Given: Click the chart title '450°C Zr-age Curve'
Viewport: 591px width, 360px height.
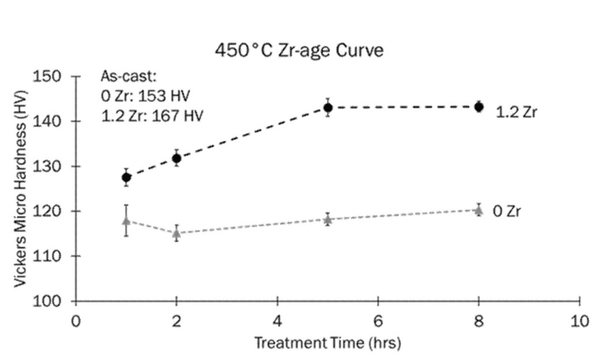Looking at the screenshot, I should coord(298,51).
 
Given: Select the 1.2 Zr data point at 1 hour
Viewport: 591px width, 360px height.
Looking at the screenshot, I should coord(126,177).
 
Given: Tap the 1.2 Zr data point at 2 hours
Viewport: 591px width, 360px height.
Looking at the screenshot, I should coord(177,158).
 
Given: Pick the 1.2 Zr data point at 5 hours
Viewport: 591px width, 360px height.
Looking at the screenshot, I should coord(328,108).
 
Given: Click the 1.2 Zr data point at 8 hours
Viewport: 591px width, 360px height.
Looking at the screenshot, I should coord(478,107).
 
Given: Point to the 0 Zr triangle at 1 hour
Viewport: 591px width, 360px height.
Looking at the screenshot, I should coord(126,220).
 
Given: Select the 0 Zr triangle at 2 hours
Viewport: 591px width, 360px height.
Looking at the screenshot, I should coord(177,233).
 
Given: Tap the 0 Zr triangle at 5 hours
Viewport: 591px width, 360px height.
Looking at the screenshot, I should coord(328,219).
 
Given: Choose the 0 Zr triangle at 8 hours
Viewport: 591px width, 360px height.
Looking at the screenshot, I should coord(478,210).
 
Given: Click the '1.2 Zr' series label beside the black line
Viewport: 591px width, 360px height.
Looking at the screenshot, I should coord(516,112).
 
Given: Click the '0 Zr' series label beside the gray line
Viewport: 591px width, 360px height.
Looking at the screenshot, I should coord(507,212).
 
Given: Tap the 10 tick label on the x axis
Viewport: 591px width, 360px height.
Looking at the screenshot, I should coord(579,321).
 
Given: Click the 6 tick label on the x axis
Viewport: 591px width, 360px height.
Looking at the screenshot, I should coord(378,321).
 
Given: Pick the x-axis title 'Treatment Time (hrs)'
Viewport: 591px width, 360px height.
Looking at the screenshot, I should coord(327,343).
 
